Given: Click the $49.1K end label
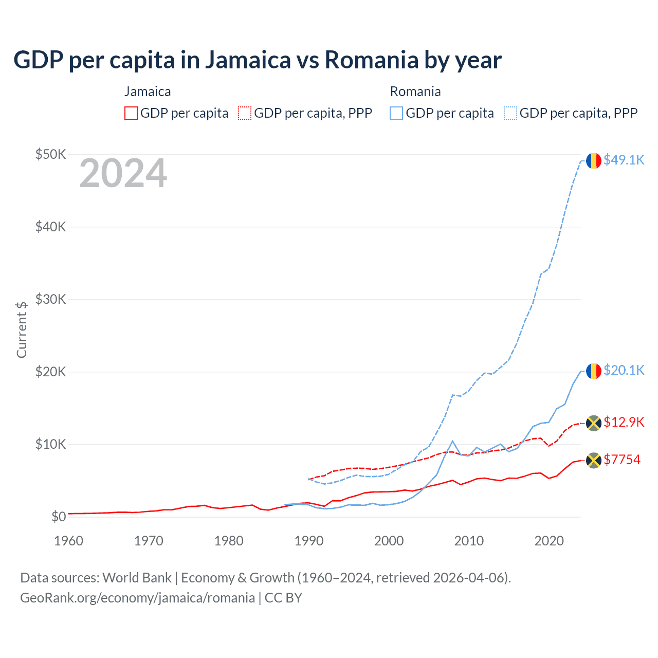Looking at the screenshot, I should coord(624,160).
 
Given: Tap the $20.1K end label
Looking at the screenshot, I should coord(624,370).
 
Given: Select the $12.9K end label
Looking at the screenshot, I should coord(624,422).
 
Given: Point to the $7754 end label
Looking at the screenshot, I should coord(622,460).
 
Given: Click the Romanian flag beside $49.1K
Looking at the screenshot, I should coord(594,160).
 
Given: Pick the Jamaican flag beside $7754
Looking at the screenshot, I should coord(594,460).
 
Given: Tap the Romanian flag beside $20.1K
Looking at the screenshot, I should coord(594,371).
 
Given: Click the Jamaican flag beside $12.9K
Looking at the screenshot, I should coord(594,423).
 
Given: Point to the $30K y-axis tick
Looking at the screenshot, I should coord(51,299).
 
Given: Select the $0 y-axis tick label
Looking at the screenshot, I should coord(59,517).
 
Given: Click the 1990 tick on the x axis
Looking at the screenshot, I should coord(309,541).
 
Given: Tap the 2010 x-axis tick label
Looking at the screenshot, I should coord(469,541).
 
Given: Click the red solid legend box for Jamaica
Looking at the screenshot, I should coord(131,113).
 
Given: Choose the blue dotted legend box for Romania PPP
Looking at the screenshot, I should coord(510,113).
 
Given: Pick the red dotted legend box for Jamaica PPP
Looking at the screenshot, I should coord(245,113).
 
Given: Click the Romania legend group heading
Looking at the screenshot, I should coord(415,92).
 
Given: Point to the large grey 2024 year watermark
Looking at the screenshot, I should coord(123,173).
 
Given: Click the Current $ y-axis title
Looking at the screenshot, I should coord(22,330).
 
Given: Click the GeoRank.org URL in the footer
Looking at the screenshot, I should coord(137,598).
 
